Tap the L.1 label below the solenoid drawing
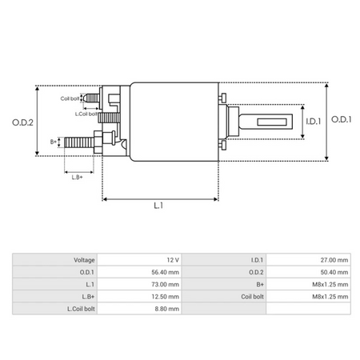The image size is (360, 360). click(158, 206)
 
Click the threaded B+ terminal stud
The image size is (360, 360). click(77, 142)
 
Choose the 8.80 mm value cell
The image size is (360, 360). click(166, 308)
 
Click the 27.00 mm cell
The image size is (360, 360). click(333, 260)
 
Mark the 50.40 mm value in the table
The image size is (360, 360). click(333, 272)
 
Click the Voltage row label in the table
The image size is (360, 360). click(84, 260)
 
